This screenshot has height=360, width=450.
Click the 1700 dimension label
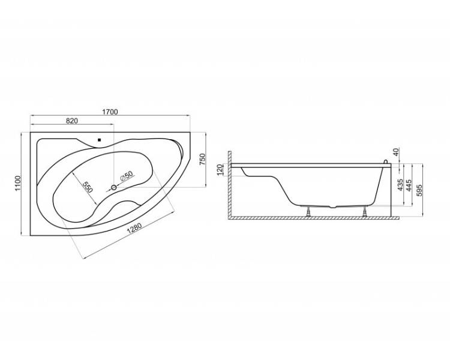[110, 112]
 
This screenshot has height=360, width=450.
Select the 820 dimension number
[72, 121]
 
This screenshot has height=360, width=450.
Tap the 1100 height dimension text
[17, 184]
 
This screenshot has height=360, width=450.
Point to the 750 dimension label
[203, 160]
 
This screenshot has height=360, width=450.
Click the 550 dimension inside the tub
[87, 187]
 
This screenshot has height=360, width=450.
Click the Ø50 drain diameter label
[127, 176]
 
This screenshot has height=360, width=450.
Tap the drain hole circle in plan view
[113, 187]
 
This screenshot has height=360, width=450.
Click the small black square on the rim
[99, 140]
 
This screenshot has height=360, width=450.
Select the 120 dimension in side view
[220, 169]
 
